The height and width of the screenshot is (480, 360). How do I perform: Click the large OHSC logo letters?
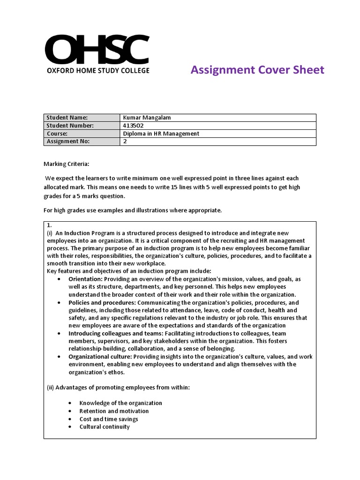97,49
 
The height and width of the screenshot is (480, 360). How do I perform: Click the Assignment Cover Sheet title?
257,70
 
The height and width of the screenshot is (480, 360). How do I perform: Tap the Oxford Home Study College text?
97,70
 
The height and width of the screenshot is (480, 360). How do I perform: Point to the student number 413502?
133,126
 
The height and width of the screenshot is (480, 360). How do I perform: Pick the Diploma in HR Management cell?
161,134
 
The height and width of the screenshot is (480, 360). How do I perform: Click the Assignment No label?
68,142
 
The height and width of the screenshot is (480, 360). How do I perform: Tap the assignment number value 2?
125,142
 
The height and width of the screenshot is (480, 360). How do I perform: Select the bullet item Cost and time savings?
109,419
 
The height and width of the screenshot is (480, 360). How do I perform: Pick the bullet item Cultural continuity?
105,427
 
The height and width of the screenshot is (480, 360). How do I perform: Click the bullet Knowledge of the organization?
120,403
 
